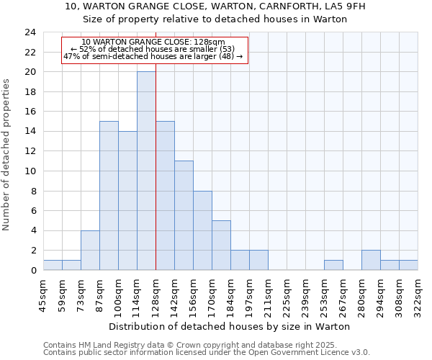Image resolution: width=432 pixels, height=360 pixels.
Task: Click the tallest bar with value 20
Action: (146, 171)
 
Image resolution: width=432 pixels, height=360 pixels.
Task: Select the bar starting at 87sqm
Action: (109, 196)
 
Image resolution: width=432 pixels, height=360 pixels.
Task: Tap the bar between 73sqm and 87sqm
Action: (90, 250)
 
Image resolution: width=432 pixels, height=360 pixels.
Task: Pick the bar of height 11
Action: (184, 215)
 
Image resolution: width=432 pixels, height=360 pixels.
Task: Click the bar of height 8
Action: (202, 230)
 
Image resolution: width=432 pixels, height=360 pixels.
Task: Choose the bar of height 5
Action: (221, 245)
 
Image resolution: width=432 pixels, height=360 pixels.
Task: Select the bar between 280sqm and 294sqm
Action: (371, 260)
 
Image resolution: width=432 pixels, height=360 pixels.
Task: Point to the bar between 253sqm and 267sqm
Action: (333, 265)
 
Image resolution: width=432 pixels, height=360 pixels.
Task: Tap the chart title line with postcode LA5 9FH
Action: (215, 6)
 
